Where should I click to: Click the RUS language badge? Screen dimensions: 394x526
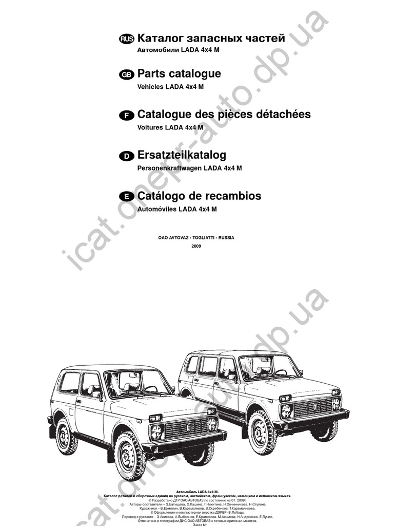(127, 39)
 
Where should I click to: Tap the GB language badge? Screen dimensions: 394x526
(126, 74)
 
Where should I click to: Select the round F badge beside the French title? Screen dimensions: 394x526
(126, 116)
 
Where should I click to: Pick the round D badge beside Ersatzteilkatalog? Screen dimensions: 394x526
(126, 156)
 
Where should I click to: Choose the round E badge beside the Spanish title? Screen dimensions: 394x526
(126, 197)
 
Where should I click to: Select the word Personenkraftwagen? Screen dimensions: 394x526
(169, 168)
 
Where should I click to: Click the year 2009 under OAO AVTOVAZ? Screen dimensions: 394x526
(196, 247)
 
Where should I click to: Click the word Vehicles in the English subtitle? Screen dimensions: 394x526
(150, 87)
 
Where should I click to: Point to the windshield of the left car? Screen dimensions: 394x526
(137, 383)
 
